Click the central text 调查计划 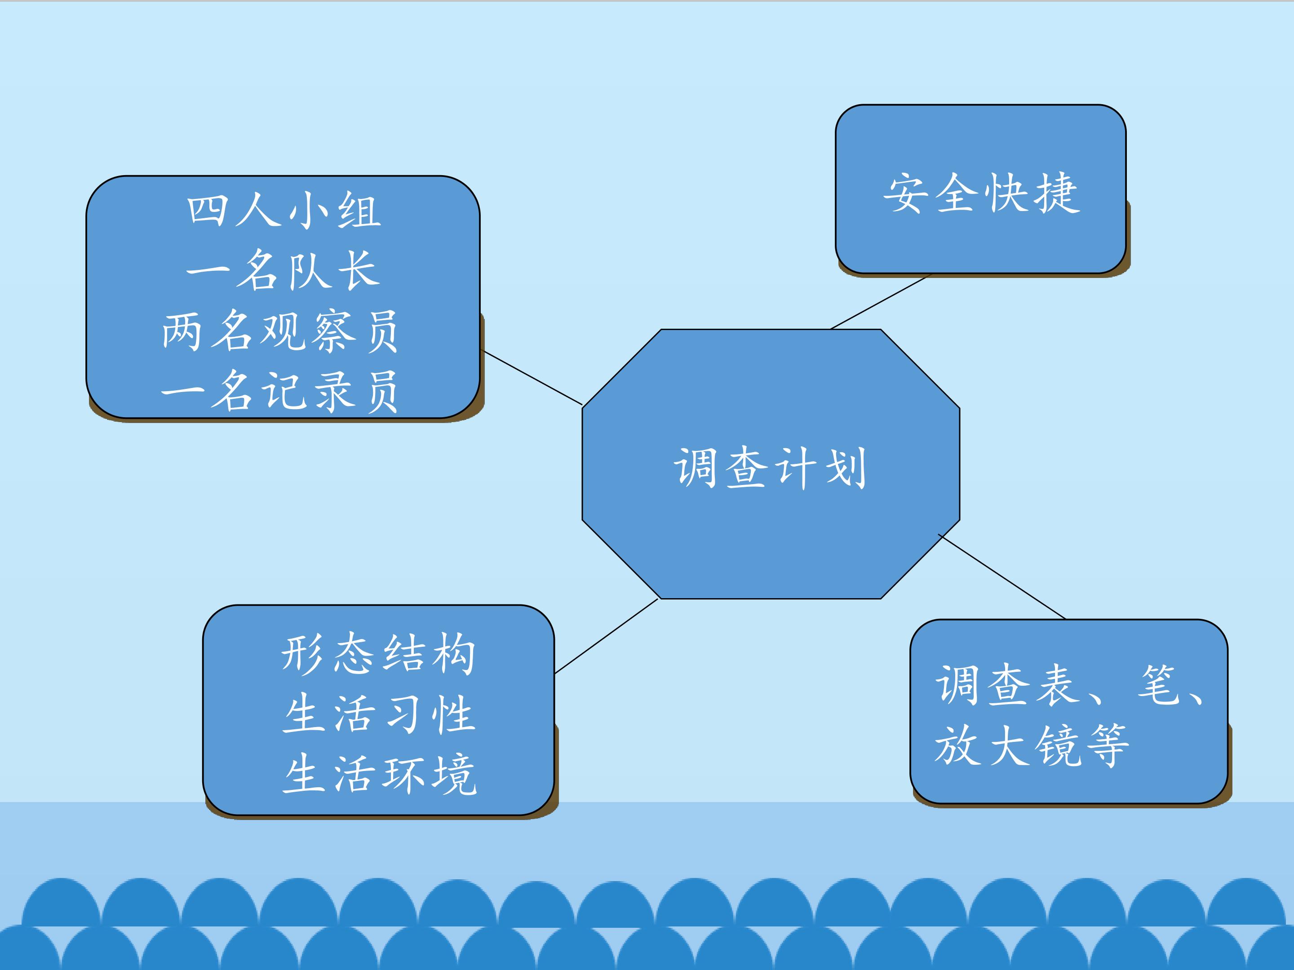coord(770,468)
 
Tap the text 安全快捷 coord(981,193)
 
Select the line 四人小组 coord(284,211)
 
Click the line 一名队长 coord(284,270)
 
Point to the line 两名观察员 coord(280,331)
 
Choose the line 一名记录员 coord(280,391)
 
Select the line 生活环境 coord(380,774)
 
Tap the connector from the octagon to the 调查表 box coord(1002,577)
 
